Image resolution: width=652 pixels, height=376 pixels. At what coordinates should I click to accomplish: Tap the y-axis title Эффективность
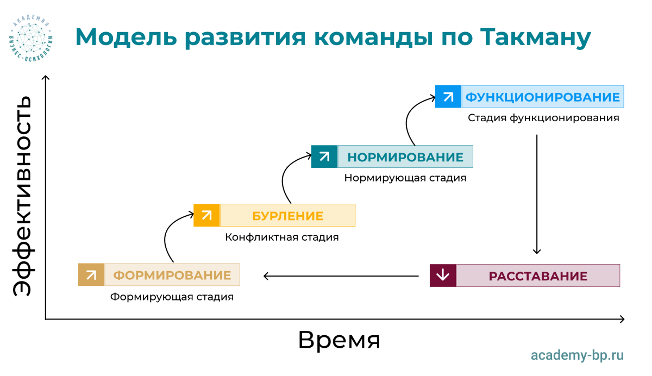coord(22,196)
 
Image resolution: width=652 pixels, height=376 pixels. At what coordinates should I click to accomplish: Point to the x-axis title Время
coord(339,340)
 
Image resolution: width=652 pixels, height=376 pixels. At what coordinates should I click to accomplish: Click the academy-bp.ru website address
coord(577,355)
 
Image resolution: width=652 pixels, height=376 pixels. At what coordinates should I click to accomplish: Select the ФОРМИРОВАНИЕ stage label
coord(172,275)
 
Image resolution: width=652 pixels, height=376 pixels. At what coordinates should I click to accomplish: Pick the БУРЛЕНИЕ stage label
coord(287,216)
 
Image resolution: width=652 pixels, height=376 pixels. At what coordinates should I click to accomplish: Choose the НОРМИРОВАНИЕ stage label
coord(405,157)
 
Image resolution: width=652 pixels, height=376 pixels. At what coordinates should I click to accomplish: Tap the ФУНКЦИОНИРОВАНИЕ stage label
coord(542,97)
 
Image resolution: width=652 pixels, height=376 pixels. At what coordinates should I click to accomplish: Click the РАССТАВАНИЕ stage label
coord(538,276)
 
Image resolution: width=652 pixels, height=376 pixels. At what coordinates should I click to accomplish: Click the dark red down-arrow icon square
coord(443,275)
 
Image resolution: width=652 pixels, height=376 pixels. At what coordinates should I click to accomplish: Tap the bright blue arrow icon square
coord(448,97)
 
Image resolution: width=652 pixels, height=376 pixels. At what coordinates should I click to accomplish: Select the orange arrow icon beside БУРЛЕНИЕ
coord(206,215)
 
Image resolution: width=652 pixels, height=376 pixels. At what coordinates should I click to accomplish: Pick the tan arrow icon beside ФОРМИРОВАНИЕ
coord(91,275)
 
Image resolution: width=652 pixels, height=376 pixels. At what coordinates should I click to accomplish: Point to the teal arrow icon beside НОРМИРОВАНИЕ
coord(324,156)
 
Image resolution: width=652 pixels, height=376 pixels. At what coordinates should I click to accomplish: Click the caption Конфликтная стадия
coord(282,237)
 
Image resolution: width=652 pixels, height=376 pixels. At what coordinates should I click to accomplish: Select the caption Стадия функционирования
coord(543,118)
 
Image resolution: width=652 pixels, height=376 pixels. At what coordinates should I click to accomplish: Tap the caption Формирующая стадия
coord(172,297)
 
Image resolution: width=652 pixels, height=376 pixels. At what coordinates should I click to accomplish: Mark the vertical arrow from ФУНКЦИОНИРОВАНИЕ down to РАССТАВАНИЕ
coord(537,194)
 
